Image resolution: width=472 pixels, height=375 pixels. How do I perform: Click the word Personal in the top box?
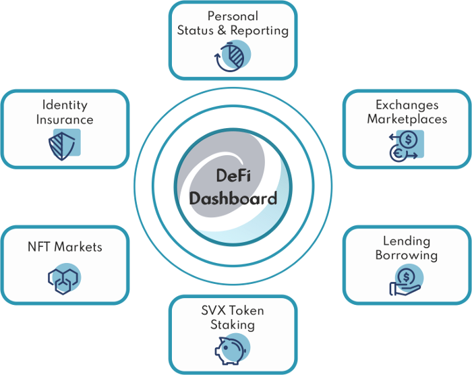[x=233, y=16]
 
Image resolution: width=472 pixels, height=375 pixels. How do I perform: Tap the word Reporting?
[x=260, y=31]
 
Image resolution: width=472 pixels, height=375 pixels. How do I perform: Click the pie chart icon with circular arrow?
[x=233, y=57]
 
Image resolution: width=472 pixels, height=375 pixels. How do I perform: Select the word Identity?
[x=65, y=105]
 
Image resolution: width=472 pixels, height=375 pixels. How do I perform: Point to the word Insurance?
[x=65, y=119]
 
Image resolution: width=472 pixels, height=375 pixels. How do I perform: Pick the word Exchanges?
[x=407, y=105]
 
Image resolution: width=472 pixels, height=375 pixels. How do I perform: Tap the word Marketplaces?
[x=407, y=119]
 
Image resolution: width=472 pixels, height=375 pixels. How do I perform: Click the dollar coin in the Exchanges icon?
[x=408, y=139]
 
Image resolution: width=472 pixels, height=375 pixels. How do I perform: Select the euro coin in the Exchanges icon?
[x=398, y=154]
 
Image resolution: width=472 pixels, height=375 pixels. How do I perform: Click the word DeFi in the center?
[x=233, y=175]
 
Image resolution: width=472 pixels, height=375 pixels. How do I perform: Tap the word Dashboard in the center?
[x=233, y=198]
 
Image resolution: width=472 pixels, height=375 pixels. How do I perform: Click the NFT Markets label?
[x=65, y=247]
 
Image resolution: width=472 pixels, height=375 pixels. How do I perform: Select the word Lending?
[x=407, y=241]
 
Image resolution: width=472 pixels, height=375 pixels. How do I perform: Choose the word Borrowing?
[x=407, y=256]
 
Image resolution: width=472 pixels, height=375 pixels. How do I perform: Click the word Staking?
[x=233, y=325]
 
